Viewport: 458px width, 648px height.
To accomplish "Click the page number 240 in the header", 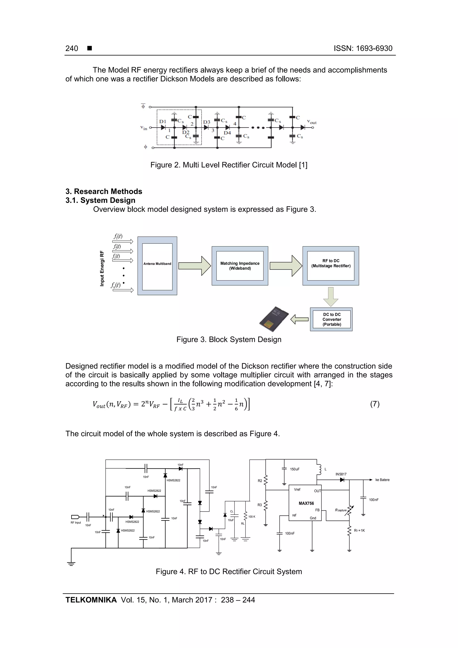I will tap(72, 49).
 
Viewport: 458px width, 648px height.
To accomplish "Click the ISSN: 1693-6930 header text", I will tap(363, 49).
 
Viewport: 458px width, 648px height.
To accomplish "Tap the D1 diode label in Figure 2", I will tap(163, 121).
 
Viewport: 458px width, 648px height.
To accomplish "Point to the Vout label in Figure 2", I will tap(312, 122).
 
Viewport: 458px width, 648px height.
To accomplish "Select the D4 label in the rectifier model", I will tap(227, 133).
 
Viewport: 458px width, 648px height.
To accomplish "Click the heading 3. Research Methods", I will tap(104, 191).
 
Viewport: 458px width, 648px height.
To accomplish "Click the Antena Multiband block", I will tap(157, 263).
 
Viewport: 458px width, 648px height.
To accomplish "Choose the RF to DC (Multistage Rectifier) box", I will tap(331, 263).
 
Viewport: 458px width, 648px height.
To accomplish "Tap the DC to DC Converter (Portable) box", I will tap(332, 319).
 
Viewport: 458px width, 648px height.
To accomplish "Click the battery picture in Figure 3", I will tap(274, 319).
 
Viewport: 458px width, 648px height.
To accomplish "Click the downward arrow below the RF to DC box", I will tap(331, 297).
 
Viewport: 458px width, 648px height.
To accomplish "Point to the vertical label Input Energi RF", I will tap(102, 268).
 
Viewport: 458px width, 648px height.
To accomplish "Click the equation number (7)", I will tap(374, 404).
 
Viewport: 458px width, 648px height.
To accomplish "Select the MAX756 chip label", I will tap(306, 503).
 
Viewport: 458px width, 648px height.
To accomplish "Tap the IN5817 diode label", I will tap(341, 474).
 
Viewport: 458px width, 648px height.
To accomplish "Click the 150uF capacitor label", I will tap(295, 469).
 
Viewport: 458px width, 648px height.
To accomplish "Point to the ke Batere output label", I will tap(382, 480).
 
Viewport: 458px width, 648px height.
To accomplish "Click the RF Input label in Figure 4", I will tap(76, 523).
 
